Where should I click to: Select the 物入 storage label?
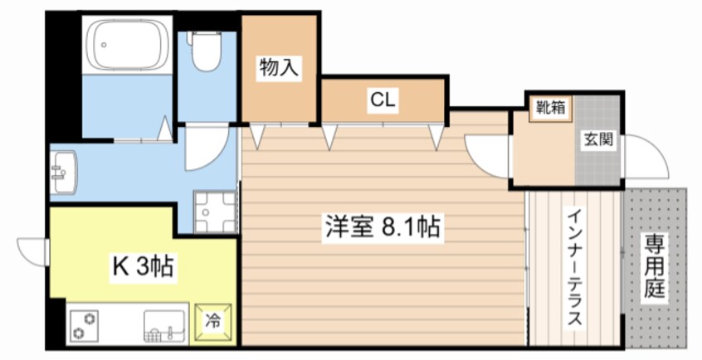(279, 68)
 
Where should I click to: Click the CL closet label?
(383, 100)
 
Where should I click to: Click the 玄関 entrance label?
(597, 139)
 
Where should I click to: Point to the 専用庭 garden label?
(655, 266)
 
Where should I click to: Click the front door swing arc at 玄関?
(646, 155)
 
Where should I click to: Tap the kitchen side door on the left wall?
(32, 248)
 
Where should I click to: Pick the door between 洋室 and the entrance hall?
(489, 153)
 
